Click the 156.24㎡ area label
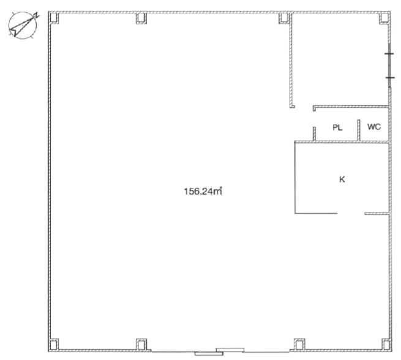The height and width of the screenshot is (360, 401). (203, 191)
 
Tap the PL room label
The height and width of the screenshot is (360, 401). (337, 127)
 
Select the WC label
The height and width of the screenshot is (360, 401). (374, 127)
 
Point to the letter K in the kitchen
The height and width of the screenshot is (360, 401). (342, 179)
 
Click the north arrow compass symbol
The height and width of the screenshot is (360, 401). (23, 26)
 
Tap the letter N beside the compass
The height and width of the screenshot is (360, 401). (37, 15)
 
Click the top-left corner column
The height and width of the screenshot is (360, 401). (53, 18)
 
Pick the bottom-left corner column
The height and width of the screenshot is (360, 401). (53, 345)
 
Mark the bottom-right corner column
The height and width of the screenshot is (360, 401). (386, 345)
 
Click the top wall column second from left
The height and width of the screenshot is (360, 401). (141, 18)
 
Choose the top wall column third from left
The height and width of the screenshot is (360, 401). (284, 18)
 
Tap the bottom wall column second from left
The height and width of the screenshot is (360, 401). (141, 345)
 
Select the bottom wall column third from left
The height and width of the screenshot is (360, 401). (299, 345)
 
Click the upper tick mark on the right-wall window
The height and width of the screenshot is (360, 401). (389, 54)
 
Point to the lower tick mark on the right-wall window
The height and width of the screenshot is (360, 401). (389, 78)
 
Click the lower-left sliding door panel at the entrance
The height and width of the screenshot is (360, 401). (209, 354)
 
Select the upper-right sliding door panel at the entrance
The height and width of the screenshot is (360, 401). (230, 350)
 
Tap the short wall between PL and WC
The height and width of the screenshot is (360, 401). (359, 130)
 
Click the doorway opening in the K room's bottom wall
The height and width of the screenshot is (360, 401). (351, 213)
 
